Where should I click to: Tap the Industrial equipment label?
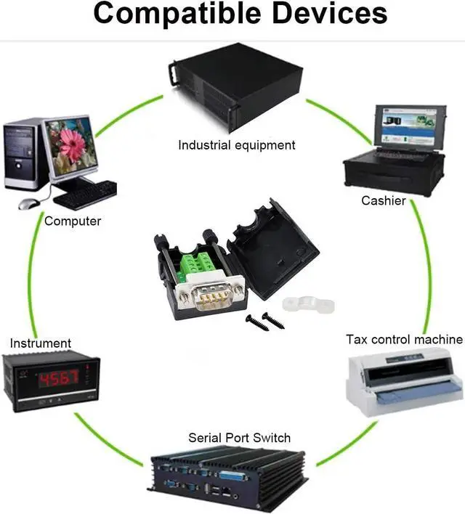[x=237, y=145]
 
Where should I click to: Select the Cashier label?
[x=384, y=200]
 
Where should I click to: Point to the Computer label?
[x=73, y=221]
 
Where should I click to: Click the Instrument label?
[x=41, y=343]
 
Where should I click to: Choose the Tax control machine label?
[x=404, y=339]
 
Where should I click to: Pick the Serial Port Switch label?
[x=239, y=438]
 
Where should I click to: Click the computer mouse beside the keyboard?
[x=27, y=204]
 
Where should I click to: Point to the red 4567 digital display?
[x=57, y=379]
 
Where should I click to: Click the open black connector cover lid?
[x=275, y=250]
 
